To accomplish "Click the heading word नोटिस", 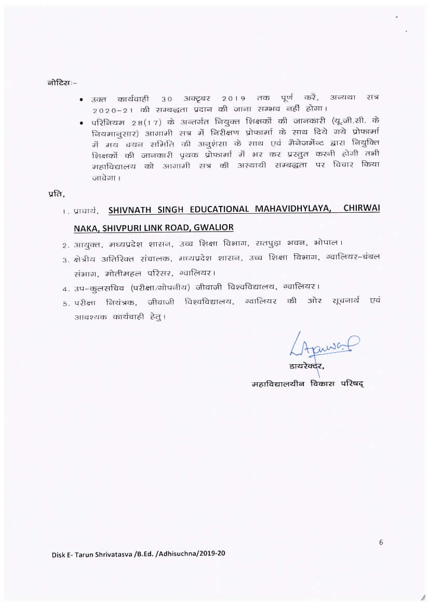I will pos(59,81).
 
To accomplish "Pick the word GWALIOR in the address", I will pos(213,227).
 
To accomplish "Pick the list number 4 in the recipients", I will pos(64,287).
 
